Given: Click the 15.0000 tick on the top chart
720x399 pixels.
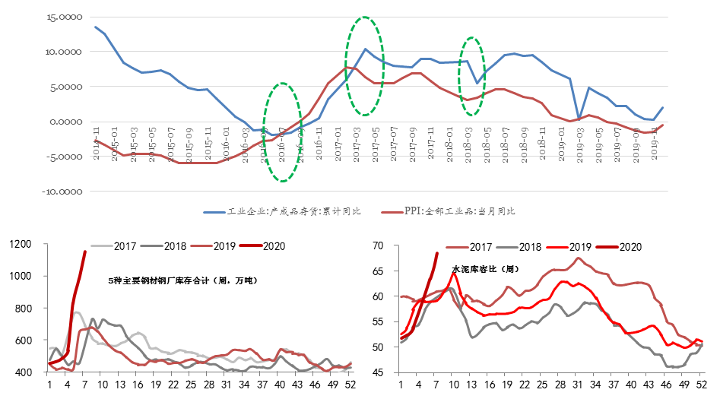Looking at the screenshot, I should pos(65,17).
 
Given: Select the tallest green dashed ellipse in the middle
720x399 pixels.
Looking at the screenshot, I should pos(365,66).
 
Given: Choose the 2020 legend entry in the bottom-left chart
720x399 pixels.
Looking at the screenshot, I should pos(271,246).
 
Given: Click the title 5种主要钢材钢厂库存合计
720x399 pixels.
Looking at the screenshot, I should pos(183,280).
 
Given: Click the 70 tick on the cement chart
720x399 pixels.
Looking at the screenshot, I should pos(386,245).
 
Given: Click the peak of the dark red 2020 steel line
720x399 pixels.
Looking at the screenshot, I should pos(84,252).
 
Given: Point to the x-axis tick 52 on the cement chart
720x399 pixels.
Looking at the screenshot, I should pos(700,385).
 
